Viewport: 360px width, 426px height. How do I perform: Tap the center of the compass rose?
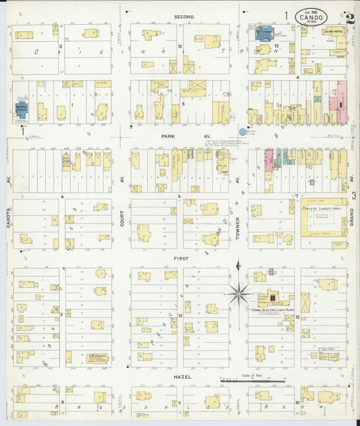[x=238, y=293]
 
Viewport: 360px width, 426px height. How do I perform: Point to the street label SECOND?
[x=184, y=16]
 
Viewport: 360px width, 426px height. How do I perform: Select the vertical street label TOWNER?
[x=238, y=220]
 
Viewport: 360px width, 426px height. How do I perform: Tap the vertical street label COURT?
[x=122, y=220]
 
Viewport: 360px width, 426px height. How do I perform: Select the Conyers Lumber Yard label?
[x=324, y=207]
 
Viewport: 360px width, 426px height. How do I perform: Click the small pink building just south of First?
[x=271, y=271]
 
